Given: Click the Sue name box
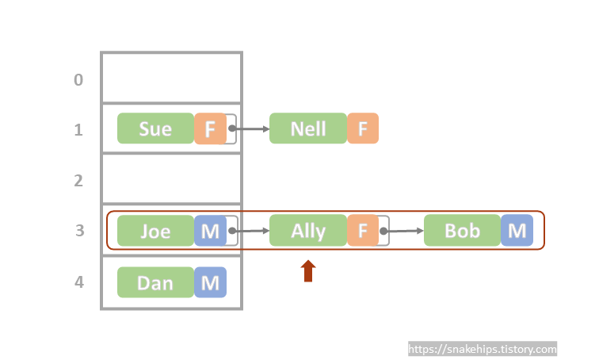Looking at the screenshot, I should pyautogui.click(x=155, y=128).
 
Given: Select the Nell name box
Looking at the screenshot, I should pyautogui.click(x=308, y=128).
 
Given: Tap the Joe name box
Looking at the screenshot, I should pyautogui.click(x=155, y=231).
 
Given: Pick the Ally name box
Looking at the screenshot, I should pyautogui.click(x=308, y=231).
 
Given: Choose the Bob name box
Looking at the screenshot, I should pyautogui.click(x=462, y=231).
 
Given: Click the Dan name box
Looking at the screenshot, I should pyautogui.click(x=155, y=282).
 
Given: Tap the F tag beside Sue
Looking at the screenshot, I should pyautogui.click(x=210, y=128).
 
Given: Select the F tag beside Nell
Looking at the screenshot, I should pyautogui.click(x=363, y=128).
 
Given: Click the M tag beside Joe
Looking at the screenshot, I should pyautogui.click(x=210, y=231).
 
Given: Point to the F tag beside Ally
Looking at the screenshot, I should pyautogui.click(x=363, y=231).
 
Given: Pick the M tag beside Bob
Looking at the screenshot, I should pyautogui.click(x=517, y=231).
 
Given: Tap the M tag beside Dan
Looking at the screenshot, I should pyautogui.click(x=210, y=282).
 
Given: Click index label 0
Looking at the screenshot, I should pyautogui.click(x=78, y=79).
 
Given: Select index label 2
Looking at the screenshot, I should pyautogui.click(x=78, y=181).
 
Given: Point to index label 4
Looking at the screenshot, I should pyautogui.click(x=78, y=282).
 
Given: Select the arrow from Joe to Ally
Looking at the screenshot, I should pyautogui.click(x=250, y=232).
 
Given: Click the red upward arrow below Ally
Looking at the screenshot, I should pyautogui.click(x=308, y=271).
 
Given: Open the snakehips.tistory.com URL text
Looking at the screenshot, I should pyautogui.click(x=483, y=349).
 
